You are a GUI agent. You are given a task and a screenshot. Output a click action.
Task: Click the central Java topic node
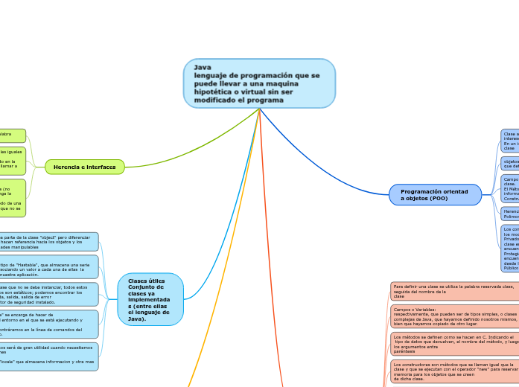(259, 83)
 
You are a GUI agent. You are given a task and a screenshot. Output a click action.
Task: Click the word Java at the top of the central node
(203, 67)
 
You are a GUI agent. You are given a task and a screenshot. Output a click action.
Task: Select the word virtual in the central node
(269, 92)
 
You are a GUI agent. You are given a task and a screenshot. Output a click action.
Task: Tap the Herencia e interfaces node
(84, 167)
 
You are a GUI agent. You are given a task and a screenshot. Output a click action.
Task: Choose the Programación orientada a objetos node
(435, 195)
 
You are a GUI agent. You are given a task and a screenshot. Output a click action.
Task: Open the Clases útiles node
(150, 298)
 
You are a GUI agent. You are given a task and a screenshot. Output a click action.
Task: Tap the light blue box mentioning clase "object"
(49, 241)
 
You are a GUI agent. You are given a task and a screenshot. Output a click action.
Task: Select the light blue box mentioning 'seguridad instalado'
(49, 294)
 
